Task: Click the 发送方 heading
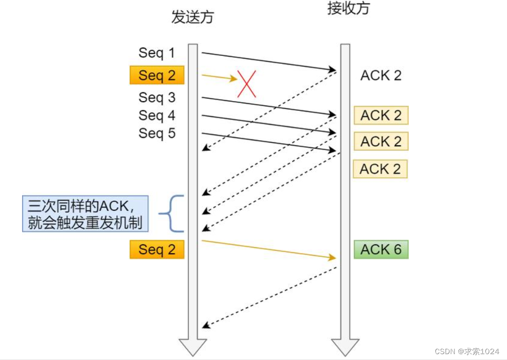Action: [x=192, y=17]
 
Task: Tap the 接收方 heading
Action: [x=348, y=8]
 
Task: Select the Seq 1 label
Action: [x=157, y=52]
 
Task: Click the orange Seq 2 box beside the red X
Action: [x=157, y=75]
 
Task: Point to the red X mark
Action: [x=247, y=83]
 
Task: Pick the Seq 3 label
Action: [x=157, y=98]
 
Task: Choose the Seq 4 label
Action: [x=157, y=115]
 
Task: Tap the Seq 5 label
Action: [x=157, y=133]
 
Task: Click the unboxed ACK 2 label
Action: [x=381, y=75]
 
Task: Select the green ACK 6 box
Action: [x=381, y=249]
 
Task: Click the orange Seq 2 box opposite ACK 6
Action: [x=157, y=249]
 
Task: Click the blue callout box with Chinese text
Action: [x=85, y=213]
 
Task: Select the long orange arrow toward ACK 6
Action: [x=268, y=249]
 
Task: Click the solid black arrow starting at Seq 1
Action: [x=268, y=61]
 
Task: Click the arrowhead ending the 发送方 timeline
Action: [x=193, y=347]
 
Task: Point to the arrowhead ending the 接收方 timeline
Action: [x=346, y=347]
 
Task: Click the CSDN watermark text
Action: [x=467, y=351]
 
